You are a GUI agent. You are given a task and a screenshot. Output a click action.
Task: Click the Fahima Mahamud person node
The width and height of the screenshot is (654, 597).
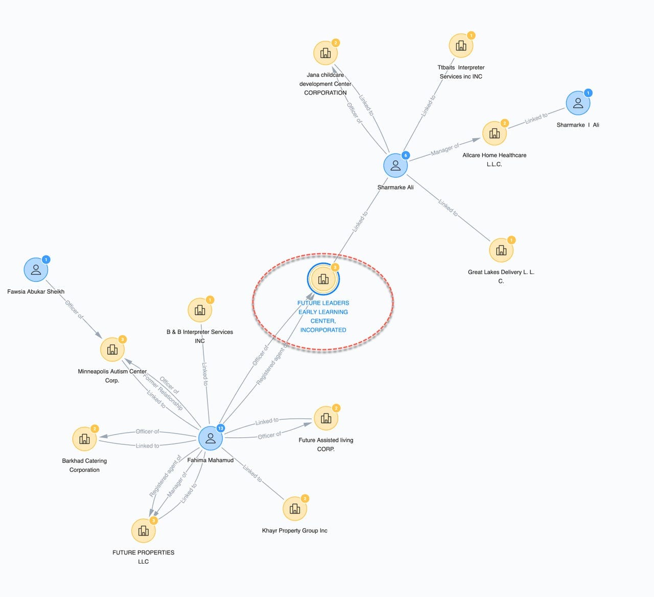(x=211, y=438)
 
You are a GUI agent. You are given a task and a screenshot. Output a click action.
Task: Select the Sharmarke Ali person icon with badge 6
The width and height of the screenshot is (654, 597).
(x=395, y=165)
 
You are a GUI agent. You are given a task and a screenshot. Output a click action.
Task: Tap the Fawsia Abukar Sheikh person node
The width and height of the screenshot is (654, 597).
(x=36, y=270)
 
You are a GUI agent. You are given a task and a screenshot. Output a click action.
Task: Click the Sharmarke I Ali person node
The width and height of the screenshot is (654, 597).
(x=578, y=103)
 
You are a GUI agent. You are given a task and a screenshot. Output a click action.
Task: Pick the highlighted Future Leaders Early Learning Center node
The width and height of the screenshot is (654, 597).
(x=323, y=279)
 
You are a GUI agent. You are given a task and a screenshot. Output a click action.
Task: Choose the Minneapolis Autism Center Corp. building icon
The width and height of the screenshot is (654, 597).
(x=112, y=350)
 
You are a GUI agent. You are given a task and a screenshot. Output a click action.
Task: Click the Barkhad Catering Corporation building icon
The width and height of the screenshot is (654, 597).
(x=84, y=439)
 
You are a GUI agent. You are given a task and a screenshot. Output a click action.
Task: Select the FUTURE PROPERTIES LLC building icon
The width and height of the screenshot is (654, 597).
(x=143, y=531)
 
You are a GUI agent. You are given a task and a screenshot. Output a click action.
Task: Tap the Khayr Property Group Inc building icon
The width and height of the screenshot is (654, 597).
(x=295, y=509)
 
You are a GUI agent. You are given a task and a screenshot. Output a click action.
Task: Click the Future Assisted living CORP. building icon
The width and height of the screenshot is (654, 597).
(x=325, y=418)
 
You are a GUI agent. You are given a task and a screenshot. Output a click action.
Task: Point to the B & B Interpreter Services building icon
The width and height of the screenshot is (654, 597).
(x=200, y=310)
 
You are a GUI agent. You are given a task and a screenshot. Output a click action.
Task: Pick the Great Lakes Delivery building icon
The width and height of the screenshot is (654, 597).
(x=501, y=250)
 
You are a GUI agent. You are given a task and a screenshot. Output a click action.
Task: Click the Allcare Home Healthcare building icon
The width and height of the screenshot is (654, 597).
(x=494, y=133)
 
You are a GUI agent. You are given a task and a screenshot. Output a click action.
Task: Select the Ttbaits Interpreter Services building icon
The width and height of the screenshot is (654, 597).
(x=461, y=45)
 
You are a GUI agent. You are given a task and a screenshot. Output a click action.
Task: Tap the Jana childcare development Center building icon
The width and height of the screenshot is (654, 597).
(x=325, y=53)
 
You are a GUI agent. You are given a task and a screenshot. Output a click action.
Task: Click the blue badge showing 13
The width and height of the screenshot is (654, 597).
(x=221, y=428)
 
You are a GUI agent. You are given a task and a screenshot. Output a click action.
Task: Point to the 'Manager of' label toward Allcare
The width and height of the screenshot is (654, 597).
(x=445, y=149)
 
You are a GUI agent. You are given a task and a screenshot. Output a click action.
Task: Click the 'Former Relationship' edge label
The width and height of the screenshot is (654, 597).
(x=162, y=392)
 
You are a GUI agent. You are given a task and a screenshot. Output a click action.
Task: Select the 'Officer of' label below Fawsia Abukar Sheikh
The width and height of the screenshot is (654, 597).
(x=74, y=309)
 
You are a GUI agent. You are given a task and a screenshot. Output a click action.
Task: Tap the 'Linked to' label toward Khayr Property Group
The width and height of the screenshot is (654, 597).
(x=252, y=473)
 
